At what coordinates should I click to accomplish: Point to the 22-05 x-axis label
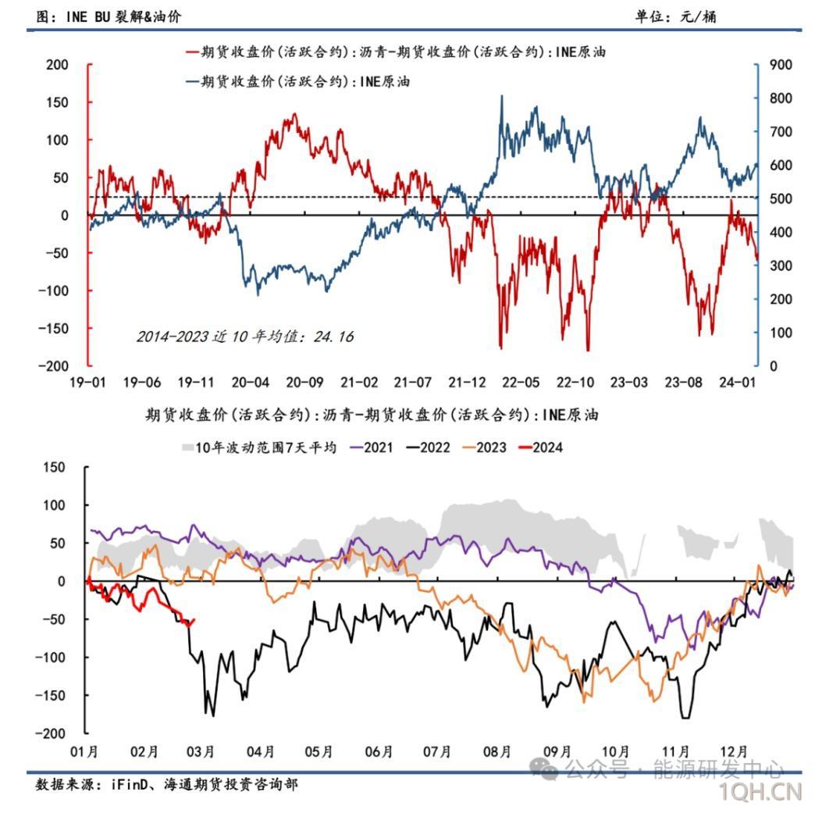[x=521, y=383]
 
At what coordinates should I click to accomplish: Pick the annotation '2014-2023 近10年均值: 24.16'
[x=244, y=337]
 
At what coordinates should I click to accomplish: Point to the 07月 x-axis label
[x=437, y=751]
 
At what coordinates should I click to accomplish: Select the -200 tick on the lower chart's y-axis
[x=52, y=733]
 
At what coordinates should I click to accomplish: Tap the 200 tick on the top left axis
[x=58, y=65]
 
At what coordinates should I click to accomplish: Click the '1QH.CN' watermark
[x=762, y=793]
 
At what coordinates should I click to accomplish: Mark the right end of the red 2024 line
[x=194, y=620]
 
